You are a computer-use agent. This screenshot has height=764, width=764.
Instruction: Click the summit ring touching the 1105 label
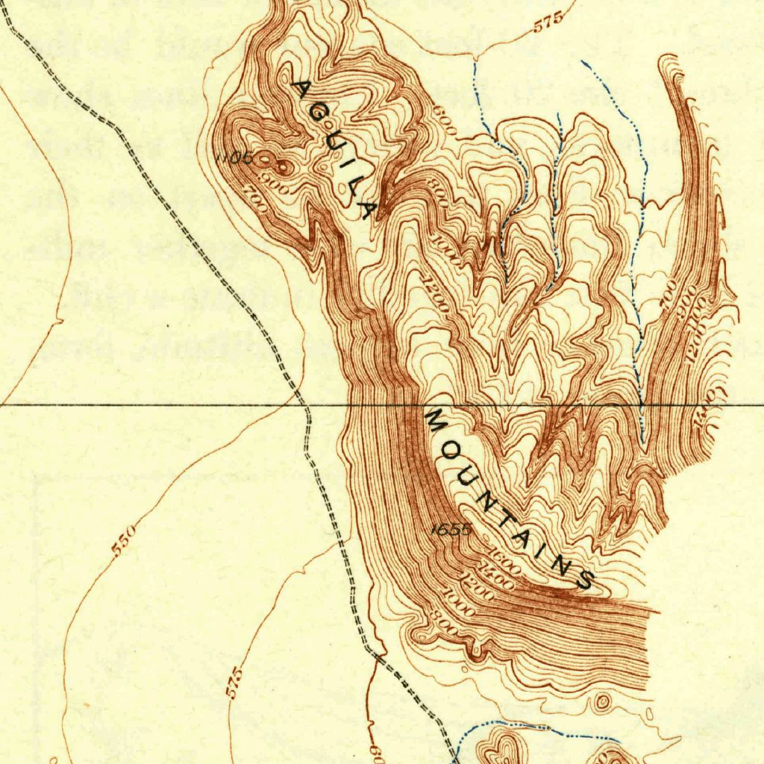pos(266,159)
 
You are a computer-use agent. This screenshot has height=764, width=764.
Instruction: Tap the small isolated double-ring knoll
pos(602,701)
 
